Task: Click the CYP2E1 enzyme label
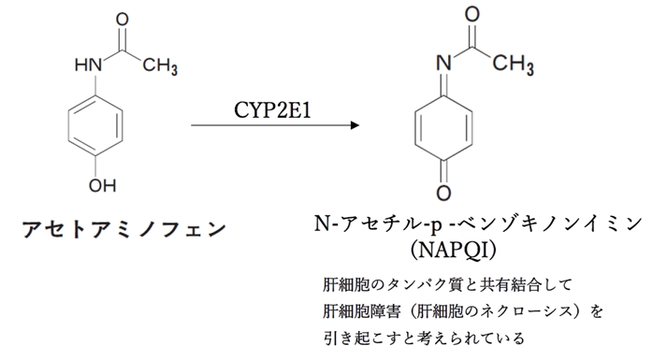tap(274, 109)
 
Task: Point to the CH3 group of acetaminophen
tap(160, 66)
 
